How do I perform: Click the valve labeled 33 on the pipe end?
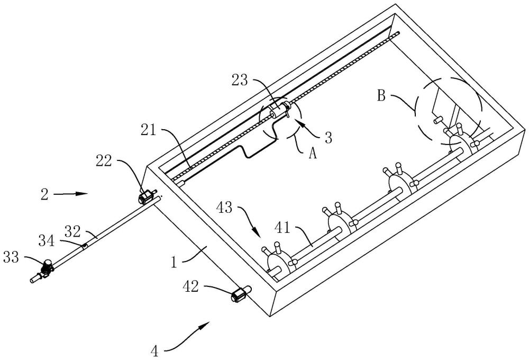(47, 268)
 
